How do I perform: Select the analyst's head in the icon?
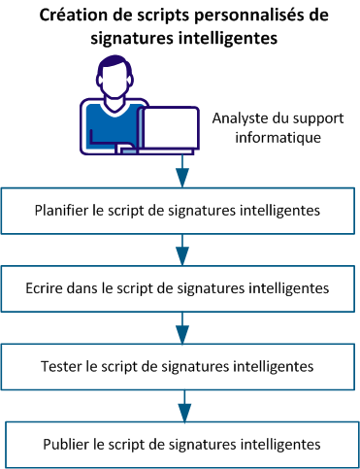click(x=117, y=76)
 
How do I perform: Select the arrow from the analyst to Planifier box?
click(x=181, y=175)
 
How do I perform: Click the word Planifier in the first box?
click(x=62, y=209)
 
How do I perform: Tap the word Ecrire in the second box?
click(x=51, y=287)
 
